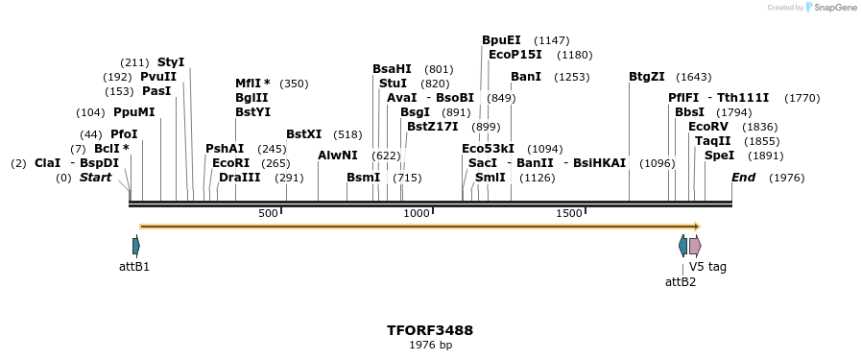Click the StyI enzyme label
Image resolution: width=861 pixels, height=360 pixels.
[171, 61]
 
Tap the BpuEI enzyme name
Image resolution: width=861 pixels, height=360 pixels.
[501, 40]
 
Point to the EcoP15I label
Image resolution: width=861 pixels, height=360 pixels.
[515, 55]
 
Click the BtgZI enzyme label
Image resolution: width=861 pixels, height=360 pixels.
[647, 77]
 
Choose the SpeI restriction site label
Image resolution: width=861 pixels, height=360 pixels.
[719, 156]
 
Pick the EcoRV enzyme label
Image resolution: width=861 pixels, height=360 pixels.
[708, 127]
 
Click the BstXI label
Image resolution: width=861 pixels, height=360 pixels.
[304, 134]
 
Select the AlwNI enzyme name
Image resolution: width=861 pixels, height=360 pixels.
[338, 156]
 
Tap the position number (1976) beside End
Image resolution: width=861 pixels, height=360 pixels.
[787, 178]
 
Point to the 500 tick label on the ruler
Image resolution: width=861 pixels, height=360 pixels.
[268, 213]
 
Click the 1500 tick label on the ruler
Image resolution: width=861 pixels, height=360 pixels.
[569, 213]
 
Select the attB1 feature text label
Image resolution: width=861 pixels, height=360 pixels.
[134, 266]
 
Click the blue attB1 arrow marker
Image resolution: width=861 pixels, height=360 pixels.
[135, 246]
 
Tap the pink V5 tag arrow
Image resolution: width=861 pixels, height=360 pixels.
[695, 246]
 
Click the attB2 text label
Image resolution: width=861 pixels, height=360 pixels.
[681, 281]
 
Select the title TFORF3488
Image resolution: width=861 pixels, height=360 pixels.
[430, 330]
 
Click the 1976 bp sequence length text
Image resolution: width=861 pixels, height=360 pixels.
[430, 345]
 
